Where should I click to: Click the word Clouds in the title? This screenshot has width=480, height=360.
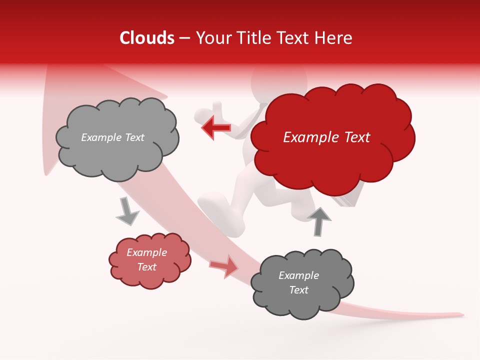click(147, 38)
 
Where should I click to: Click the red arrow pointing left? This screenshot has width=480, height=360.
click(216, 127)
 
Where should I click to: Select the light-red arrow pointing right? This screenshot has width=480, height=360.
click(224, 265)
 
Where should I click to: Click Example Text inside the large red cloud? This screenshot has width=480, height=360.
click(326, 137)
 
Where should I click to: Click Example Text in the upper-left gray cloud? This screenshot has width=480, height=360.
click(112, 137)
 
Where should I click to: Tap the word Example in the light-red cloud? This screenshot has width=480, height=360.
click(146, 252)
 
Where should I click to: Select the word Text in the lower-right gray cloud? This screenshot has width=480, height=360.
click(298, 290)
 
